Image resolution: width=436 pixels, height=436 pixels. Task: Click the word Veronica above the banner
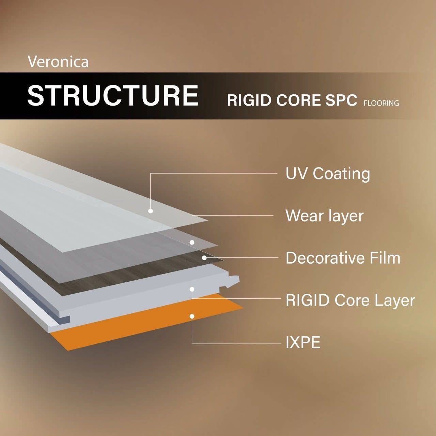[58, 62]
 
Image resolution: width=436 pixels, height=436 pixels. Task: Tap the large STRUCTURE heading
[113, 95]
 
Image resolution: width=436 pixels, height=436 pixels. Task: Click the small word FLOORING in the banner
[381, 103]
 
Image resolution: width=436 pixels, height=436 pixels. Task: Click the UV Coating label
[328, 174]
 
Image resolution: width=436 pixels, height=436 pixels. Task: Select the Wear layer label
[325, 216]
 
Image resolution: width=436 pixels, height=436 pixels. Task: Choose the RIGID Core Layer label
[350, 301]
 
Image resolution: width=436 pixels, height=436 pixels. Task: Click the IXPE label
[303, 342]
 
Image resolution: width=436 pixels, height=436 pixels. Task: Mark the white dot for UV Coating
[151, 211]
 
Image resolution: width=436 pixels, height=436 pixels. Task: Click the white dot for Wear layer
[192, 243]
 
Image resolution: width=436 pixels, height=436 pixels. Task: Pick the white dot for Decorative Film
[204, 258]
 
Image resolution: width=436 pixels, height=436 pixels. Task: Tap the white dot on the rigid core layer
[192, 289]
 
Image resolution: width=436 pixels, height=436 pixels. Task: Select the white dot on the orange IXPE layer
[192, 316]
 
